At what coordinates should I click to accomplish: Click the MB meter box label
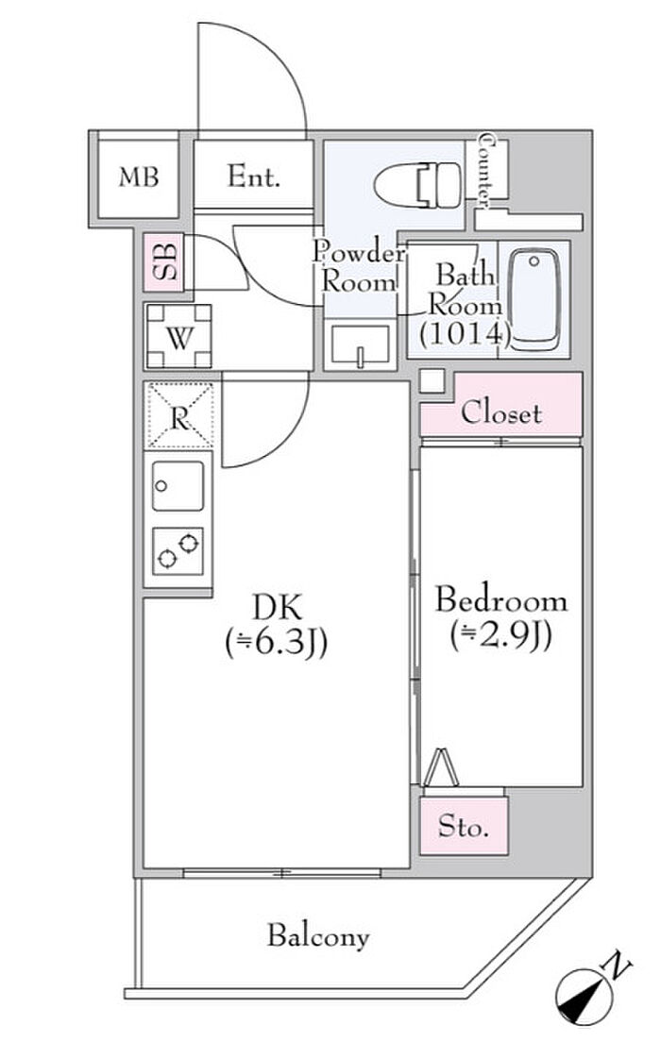tap(138, 176)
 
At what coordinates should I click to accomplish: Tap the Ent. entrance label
tap(254, 176)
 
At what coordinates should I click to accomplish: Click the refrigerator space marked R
tap(178, 416)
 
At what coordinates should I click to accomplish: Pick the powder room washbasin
tap(360, 345)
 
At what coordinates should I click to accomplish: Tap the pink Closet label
tap(500, 412)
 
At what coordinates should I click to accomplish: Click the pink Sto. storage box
tap(464, 828)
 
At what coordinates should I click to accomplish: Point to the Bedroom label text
tap(500, 600)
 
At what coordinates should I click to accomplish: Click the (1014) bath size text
tap(465, 331)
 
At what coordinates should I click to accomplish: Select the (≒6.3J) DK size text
tap(276, 644)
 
